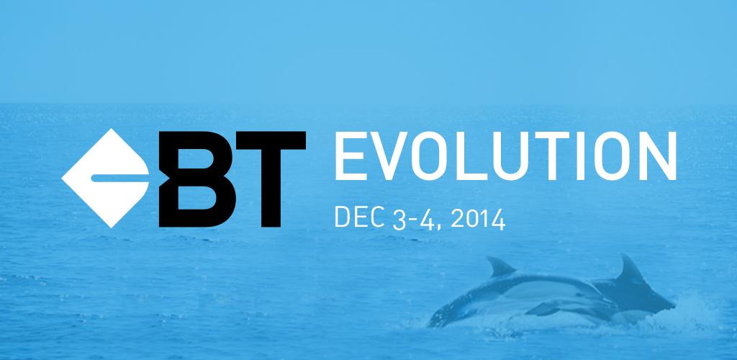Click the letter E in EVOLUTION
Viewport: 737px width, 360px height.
click(x=351, y=156)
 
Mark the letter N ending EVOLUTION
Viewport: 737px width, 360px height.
click(x=657, y=156)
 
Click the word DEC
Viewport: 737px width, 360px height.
click(x=360, y=217)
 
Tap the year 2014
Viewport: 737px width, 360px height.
click(x=478, y=220)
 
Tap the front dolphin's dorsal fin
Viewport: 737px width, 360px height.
click(x=500, y=267)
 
